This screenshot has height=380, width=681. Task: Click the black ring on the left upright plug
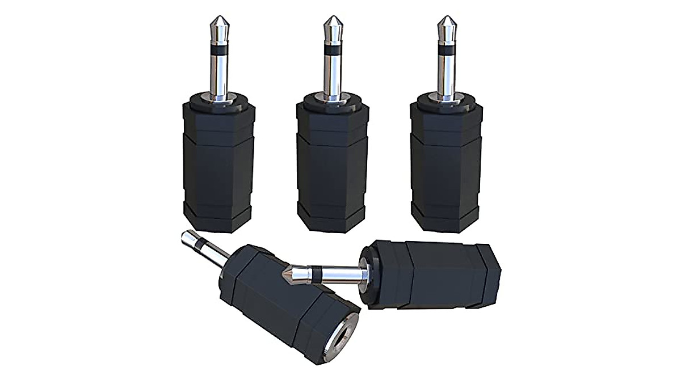click(x=218, y=52)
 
